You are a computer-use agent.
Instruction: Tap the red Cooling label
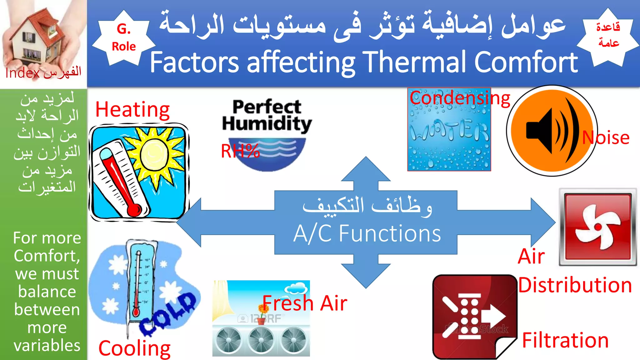pos(134,348)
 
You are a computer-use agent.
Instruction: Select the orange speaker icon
pos(552,131)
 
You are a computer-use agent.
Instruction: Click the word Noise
pos(606,137)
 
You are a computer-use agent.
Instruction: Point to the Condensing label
pos(460,98)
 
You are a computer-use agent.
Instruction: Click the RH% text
pos(240,151)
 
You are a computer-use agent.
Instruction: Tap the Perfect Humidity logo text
pos(267,115)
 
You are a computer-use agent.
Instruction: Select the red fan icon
pos(597,227)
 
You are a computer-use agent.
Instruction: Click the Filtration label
pos(565,340)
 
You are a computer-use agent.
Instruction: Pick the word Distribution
pos(575,285)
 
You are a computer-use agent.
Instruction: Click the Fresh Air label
pos(305,303)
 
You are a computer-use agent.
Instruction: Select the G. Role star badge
pos(124,38)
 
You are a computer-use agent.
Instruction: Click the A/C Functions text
pos(367,233)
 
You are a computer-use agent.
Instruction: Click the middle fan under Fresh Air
pos(261,340)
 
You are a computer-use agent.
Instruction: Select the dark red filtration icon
pos(473,316)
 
